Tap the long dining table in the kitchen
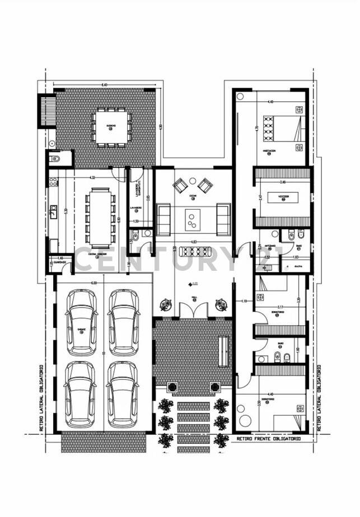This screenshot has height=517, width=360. pos(101,218)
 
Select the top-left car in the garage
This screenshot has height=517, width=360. pos(82,322)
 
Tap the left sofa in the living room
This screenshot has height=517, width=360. pos(163,219)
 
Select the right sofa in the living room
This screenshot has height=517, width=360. pos(223,219)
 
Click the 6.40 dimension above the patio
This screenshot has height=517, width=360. pos(104,84)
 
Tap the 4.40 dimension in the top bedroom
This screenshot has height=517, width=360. pos(271,102)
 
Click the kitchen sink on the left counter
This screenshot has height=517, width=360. pos(53,211)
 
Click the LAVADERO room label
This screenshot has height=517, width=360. pos(135,208)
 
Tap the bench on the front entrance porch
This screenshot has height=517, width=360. pos(223,351)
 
